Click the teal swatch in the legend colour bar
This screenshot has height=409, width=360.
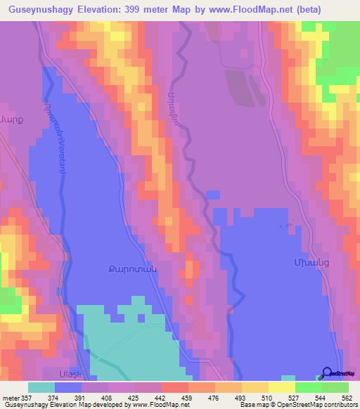tap(41, 387)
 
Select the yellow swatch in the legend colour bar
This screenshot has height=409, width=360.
tap(282, 387)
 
